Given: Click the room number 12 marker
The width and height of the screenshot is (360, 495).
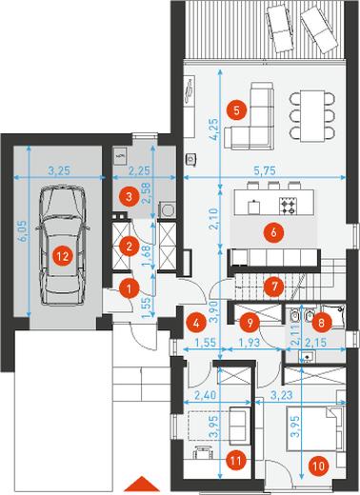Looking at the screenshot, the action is point(63,256).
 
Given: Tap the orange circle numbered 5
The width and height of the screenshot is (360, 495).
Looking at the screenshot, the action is point(236,110).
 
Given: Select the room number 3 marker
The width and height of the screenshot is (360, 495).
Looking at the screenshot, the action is point(129,197).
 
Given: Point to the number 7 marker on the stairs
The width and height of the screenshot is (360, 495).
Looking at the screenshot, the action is point(273,287).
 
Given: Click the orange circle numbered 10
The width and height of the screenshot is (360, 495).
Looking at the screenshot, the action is point(318,466).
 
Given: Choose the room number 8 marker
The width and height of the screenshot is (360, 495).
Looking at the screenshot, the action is point(321,323).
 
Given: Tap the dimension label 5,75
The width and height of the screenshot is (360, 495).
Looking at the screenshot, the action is point(265,171).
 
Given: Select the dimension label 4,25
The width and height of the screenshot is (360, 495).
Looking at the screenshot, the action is point(214,129).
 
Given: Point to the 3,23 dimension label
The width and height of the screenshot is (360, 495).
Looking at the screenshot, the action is point(282,395).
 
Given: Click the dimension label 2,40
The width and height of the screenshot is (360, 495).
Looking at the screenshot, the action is point(206,395).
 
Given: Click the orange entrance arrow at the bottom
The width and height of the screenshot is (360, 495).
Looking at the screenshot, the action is point(141,484).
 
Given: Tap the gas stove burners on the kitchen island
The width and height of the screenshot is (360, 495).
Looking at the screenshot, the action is point(288,206).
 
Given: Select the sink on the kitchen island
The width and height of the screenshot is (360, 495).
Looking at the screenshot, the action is point(253,207).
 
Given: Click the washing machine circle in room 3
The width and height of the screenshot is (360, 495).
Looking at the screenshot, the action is point(167,209).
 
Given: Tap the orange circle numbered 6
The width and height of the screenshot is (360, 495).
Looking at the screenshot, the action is point(273,232).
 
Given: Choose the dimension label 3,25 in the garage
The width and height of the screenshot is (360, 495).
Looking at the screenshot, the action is point(59,171).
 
